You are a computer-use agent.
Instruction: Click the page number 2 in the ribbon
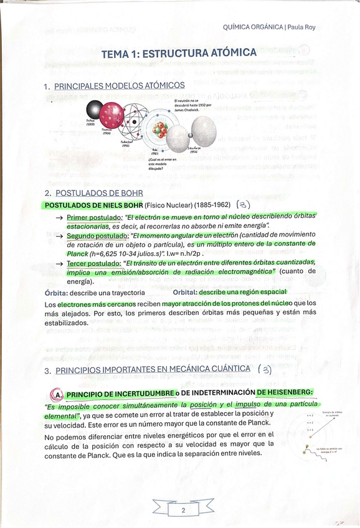click(x=183, y=511)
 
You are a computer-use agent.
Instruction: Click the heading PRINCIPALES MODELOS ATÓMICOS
click(x=119, y=85)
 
